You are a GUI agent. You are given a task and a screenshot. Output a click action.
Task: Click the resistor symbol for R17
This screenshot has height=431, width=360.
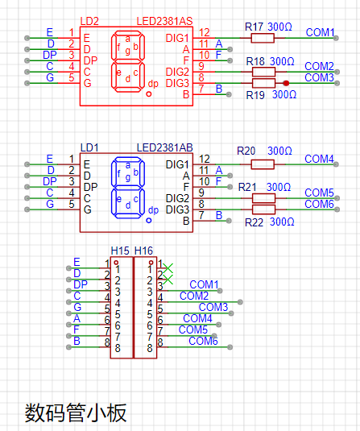click(x=263, y=38)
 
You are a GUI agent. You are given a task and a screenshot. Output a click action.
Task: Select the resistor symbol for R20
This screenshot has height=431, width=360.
click(x=263, y=164)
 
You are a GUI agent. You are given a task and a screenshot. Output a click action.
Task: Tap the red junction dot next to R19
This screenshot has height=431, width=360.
click(x=286, y=83)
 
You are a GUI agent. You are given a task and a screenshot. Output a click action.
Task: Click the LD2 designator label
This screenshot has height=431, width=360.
click(x=89, y=21)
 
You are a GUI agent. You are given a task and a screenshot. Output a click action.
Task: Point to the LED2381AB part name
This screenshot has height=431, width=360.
click(x=164, y=147)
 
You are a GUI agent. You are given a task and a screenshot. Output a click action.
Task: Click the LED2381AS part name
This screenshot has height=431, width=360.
click(x=164, y=21)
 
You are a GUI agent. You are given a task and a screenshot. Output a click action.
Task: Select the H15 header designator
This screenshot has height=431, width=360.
click(x=120, y=251)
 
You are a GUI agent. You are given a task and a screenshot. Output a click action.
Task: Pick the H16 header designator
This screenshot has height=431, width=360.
click(x=143, y=251)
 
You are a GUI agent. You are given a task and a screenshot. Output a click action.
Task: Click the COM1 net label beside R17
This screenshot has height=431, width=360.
click(x=321, y=32)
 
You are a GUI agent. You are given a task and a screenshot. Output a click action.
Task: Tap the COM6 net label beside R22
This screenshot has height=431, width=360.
click(x=319, y=204)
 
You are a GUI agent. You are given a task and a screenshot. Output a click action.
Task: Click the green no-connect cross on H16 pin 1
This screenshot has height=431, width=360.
click(x=168, y=268)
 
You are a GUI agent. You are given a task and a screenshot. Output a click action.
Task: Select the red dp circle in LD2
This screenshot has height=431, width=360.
click(x=149, y=94)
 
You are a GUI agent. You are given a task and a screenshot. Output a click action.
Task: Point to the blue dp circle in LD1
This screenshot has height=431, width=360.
click(x=149, y=221)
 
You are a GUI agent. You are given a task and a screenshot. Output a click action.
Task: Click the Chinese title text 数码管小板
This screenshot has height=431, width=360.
click(x=76, y=412)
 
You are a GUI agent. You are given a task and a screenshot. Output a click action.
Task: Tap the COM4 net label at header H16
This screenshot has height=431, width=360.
click(x=197, y=318)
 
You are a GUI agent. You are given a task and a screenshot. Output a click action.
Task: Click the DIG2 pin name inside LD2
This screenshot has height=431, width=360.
click(x=177, y=72)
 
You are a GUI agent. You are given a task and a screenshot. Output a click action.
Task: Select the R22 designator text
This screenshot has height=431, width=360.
click(x=254, y=222)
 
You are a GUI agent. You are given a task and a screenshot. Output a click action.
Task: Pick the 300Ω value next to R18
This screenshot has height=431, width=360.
click(x=282, y=61)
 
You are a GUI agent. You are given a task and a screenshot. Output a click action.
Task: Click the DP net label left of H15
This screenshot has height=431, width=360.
click(x=81, y=284)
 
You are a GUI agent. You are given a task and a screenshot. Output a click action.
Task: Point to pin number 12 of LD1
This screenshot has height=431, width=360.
click(x=205, y=159)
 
